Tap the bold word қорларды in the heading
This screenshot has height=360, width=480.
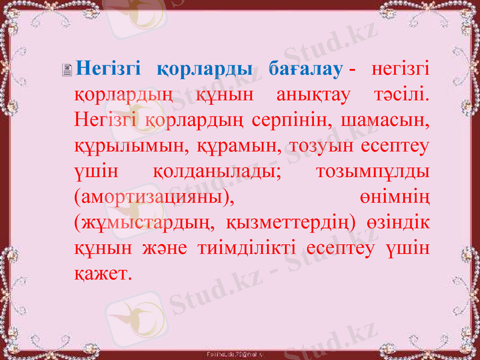(204, 68)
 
